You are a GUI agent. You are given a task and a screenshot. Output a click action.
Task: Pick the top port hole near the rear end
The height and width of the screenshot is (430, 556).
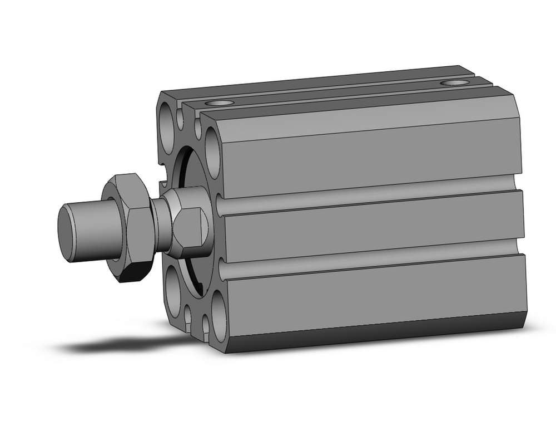pos(454,83)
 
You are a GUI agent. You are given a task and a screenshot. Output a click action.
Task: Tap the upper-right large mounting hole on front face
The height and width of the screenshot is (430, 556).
pos(214,146)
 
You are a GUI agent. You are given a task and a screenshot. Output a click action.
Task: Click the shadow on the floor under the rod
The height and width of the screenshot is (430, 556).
pos(122,345)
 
